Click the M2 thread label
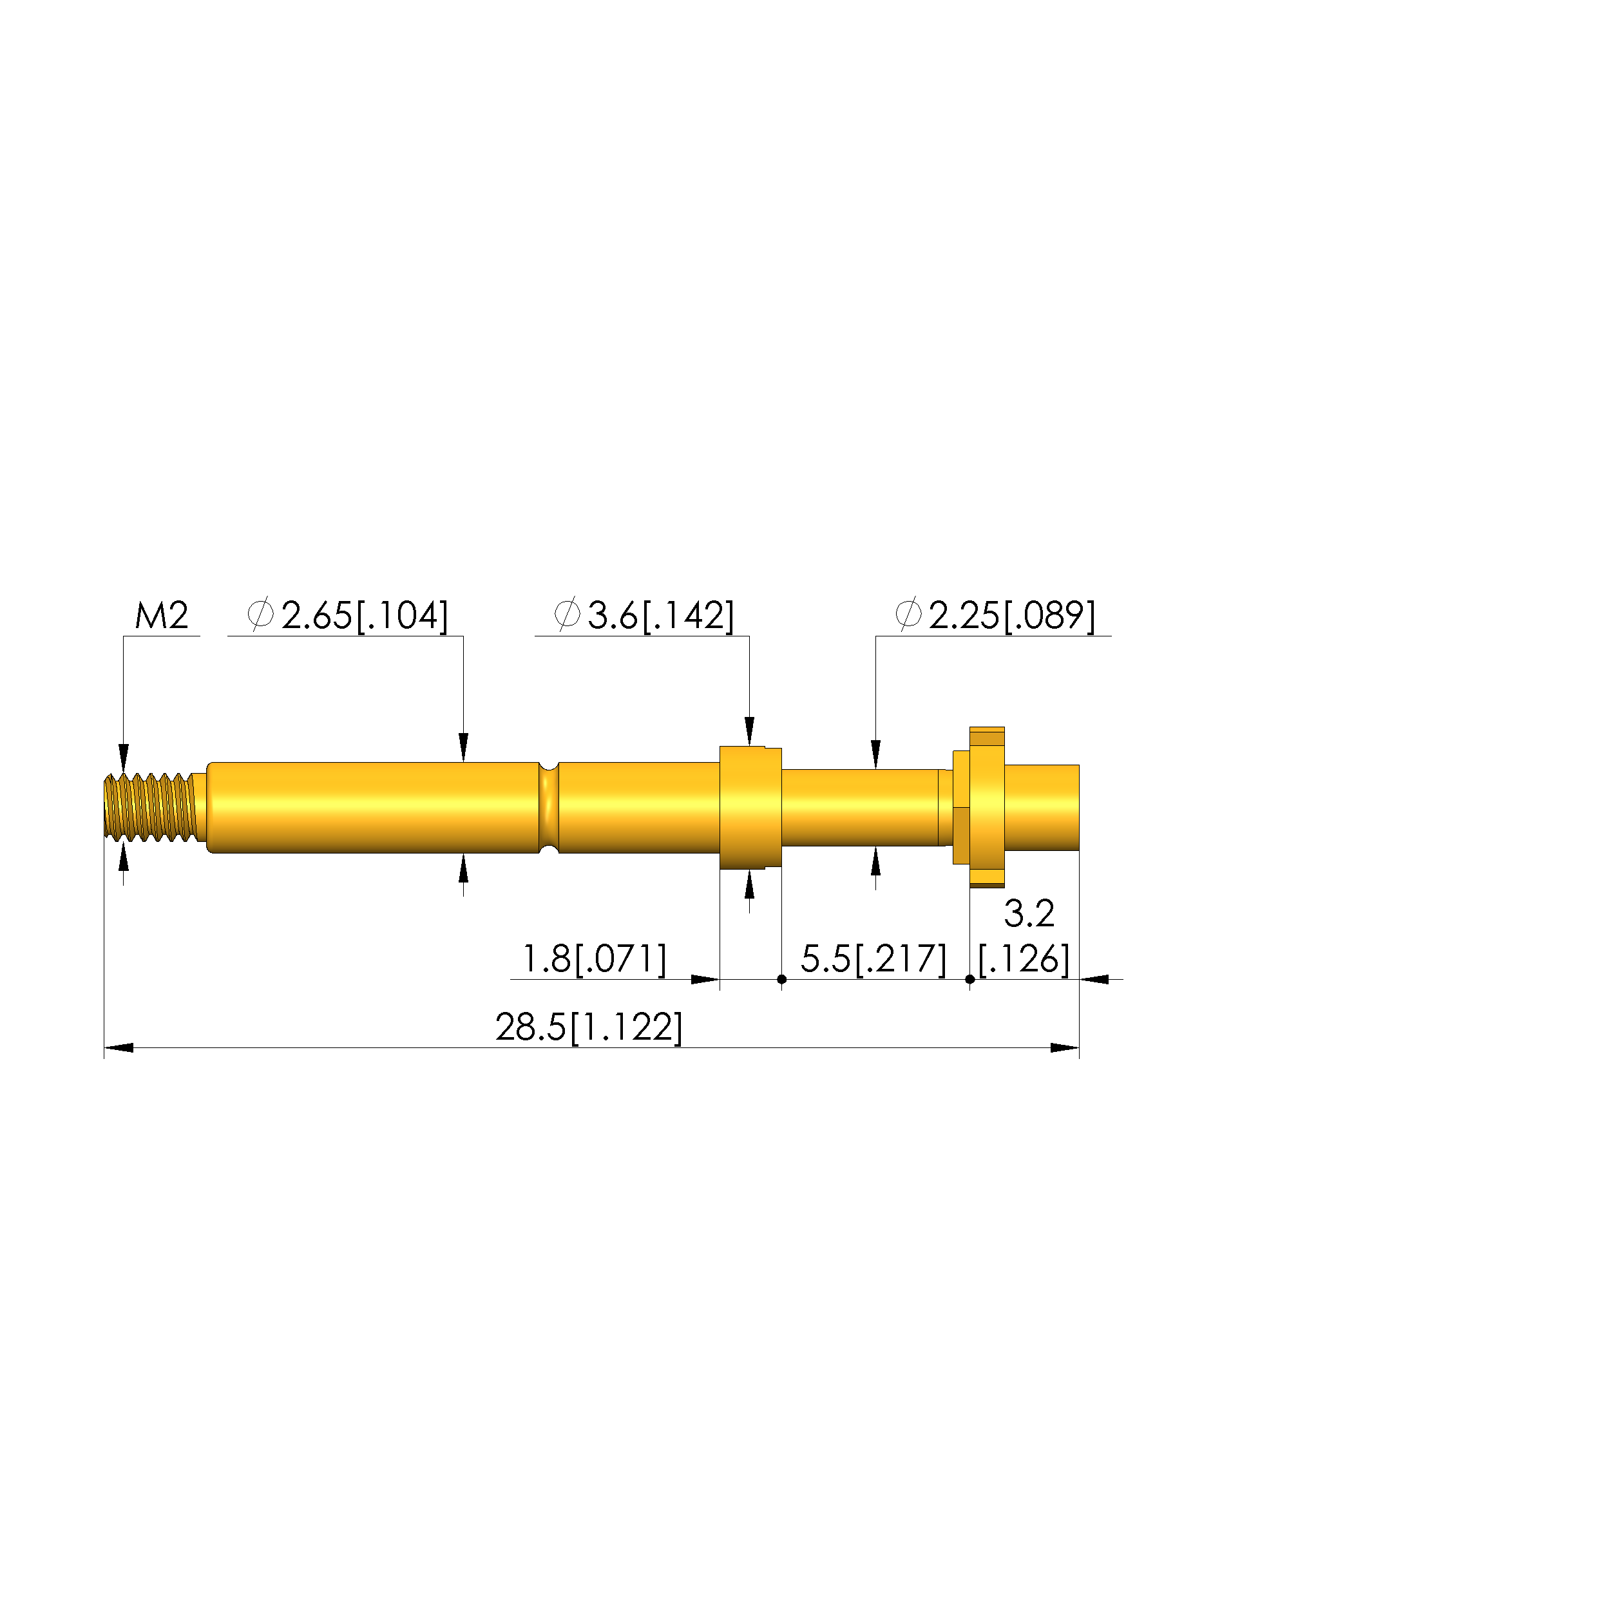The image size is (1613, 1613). point(162,616)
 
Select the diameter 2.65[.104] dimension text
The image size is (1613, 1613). point(348,616)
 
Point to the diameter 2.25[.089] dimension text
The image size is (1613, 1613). point(995,616)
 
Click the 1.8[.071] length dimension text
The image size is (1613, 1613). point(595,959)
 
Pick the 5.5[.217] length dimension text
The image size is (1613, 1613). point(874,959)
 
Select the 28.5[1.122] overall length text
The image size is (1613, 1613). point(589,1027)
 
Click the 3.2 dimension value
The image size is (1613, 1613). point(1029,913)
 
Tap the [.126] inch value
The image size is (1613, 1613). point(1024,959)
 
